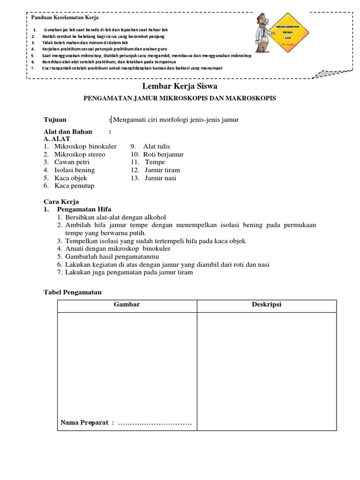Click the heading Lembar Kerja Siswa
pyautogui.click(x=180, y=87)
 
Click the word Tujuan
pyautogui.click(x=55, y=120)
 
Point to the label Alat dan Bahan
pyautogui.click(x=68, y=132)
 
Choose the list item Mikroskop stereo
pyautogui.click(x=80, y=154)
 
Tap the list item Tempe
pyautogui.click(x=155, y=162)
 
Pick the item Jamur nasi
pyautogui.click(x=161, y=178)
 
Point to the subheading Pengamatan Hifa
pyautogui.click(x=84, y=209)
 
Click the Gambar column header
pyautogui.click(x=127, y=305)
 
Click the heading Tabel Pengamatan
pyautogui.click(x=72, y=292)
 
